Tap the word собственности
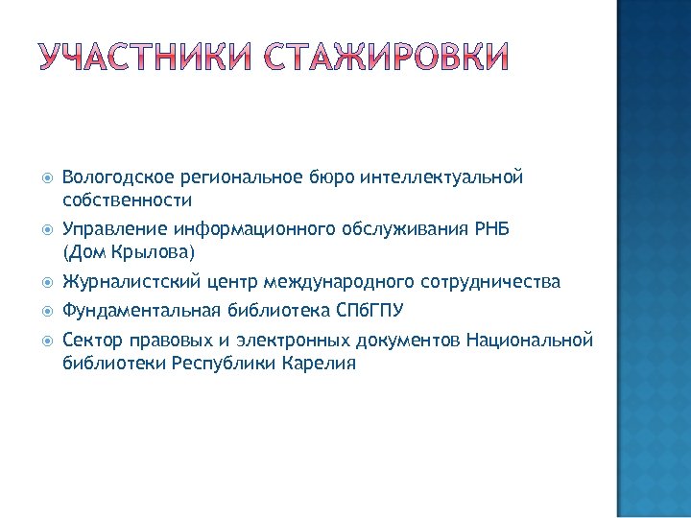pyautogui.click(x=127, y=201)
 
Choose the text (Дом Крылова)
pyautogui.click(x=128, y=253)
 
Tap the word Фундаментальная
pyautogui.click(x=142, y=310)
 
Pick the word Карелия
pyautogui.click(x=320, y=365)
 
